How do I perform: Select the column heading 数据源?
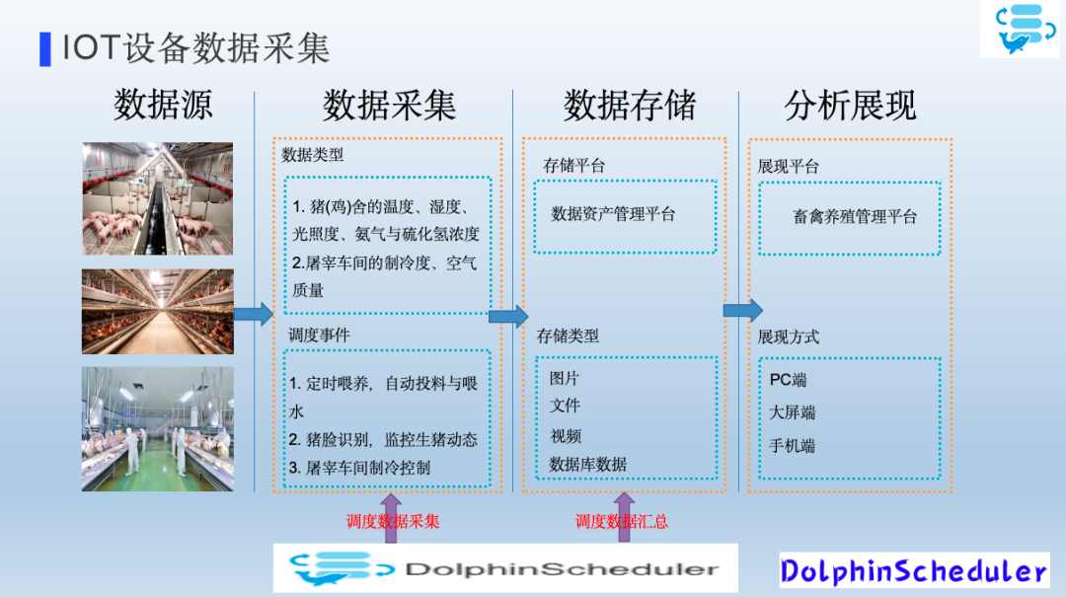(x=163, y=105)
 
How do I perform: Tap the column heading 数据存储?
(x=630, y=105)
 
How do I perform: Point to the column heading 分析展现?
(x=851, y=105)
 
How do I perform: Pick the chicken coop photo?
(x=158, y=311)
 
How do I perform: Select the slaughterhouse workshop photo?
(x=158, y=428)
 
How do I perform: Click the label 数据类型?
(x=313, y=155)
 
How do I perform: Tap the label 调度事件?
(x=319, y=336)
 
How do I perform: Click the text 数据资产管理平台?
(x=613, y=214)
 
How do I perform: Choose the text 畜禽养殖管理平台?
(x=855, y=216)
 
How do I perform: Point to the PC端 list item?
(x=789, y=380)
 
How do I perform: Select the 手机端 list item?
(x=793, y=446)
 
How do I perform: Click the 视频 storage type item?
(x=566, y=435)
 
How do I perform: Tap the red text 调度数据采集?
(x=393, y=522)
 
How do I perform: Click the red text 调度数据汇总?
(x=622, y=522)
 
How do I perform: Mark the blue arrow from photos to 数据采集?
(x=254, y=314)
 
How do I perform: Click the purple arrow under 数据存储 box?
(x=623, y=517)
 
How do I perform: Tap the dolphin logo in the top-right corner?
(x=1019, y=29)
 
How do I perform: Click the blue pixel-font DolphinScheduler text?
(x=913, y=571)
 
